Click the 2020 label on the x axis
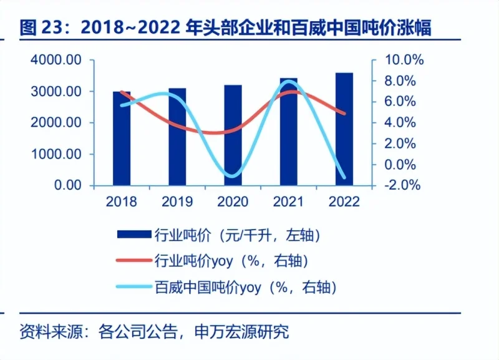point(233,202)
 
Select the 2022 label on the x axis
point(344,202)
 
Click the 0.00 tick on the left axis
point(67,185)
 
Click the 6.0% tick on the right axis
point(404,102)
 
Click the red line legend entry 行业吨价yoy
point(212,261)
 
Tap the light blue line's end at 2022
point(344,177)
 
